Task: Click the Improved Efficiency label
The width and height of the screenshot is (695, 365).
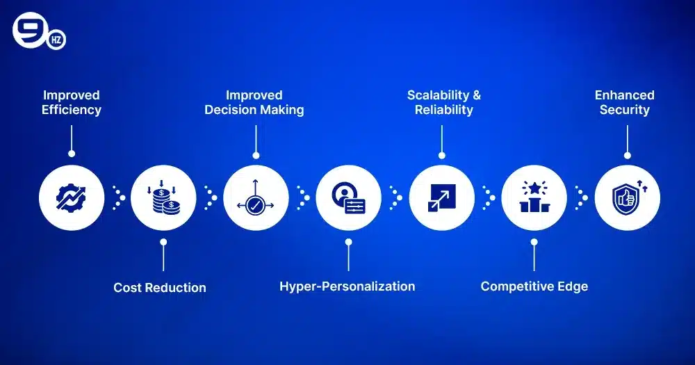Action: point(72,102)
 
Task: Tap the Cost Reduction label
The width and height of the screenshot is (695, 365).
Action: point(160,287)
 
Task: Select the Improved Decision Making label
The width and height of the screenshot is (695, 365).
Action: point(254,102)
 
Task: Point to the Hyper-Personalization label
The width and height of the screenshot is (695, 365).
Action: point(347,286)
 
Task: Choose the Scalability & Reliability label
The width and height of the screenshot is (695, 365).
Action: point(443,102)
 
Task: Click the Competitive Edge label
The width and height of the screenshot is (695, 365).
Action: point(534,286)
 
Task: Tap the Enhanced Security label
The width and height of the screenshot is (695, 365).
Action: point(625,102)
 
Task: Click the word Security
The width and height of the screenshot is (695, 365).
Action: point(625,110)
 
